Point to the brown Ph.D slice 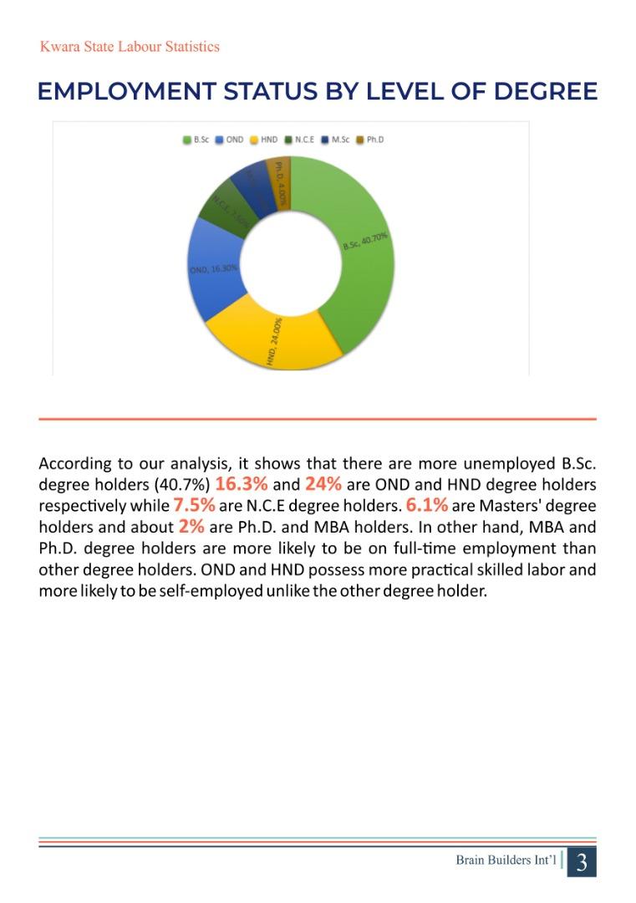[x=280, y=176]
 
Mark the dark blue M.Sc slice [x=252, y=186]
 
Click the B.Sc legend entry [x=197, y=140]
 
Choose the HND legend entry [x=264, y=140]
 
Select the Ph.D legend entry [x=370, y=140]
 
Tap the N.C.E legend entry [x=299, y=140]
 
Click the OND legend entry [x=231, y=140]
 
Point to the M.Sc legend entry [x=336, y=140]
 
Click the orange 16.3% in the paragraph [x=241, y=484]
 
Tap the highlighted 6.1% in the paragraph [x=427, y=505]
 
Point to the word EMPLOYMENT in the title [x=125, y=91]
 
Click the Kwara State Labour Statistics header [x=130, y=47]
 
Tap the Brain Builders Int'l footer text [x=506, y=860]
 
